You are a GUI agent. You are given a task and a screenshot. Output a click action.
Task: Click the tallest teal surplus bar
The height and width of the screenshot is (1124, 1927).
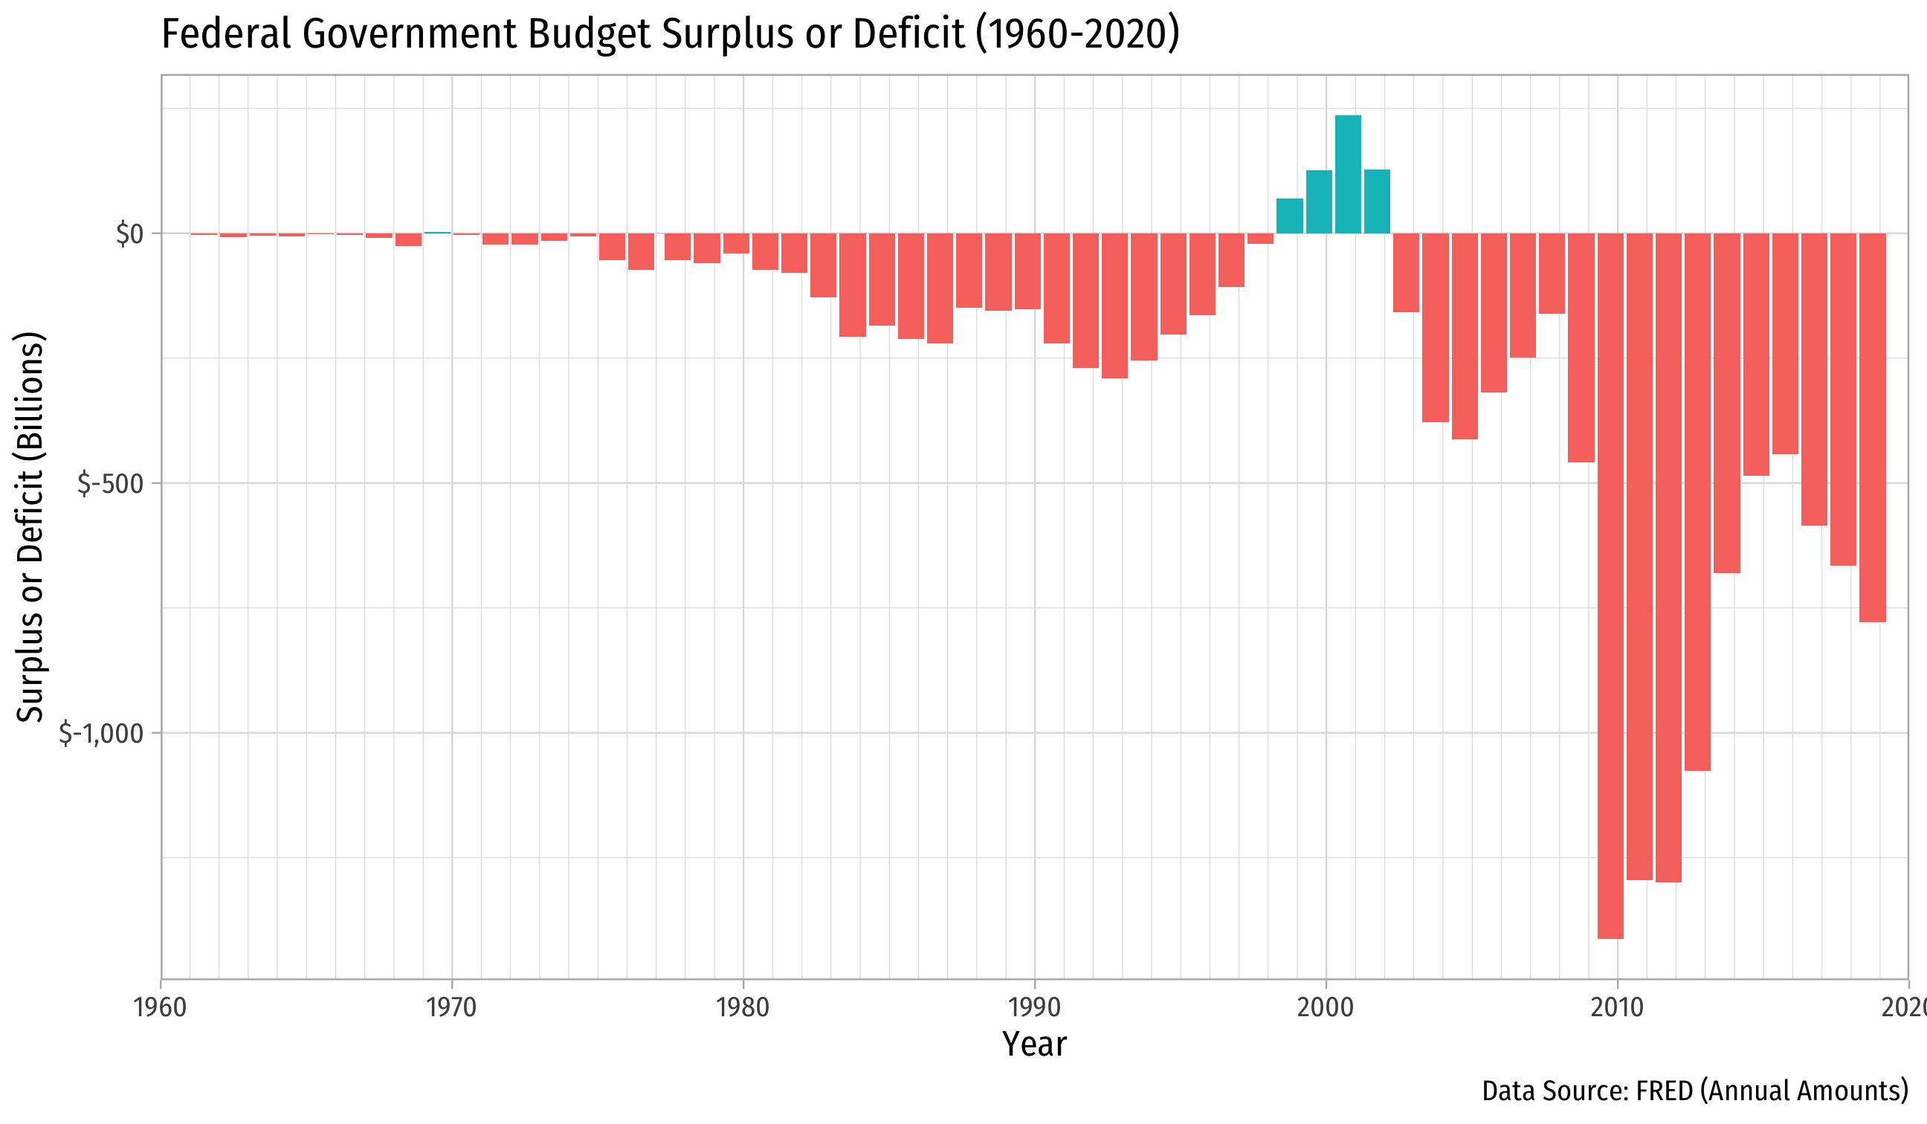[1347, 175]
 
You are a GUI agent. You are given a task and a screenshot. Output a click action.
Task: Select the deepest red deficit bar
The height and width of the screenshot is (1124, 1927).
[1610, 585]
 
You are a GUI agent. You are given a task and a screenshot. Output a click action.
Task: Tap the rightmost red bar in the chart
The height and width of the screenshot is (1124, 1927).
[1872, 427]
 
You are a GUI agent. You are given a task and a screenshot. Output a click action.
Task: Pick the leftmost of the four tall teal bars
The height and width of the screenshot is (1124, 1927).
[1289, 216]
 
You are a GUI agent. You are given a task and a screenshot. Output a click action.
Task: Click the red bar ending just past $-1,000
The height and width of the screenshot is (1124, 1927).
[1697, 502]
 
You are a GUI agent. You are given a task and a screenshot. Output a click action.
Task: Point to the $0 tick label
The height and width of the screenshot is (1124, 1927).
[129, 234]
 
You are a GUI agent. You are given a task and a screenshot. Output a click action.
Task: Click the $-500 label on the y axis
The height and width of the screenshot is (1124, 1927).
[110, 484]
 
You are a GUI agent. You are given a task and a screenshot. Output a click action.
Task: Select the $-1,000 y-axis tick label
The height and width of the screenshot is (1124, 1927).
[101, 734]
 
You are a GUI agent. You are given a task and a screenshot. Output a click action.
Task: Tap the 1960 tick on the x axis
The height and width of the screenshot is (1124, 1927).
[160, 1008]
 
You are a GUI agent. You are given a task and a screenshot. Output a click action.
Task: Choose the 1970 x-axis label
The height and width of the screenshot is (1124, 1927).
[451, 1008]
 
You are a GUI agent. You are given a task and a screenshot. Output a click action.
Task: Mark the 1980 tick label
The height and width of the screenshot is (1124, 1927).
[743, 1008]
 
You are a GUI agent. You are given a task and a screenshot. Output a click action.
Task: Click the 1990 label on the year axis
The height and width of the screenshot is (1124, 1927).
[1035, 1008]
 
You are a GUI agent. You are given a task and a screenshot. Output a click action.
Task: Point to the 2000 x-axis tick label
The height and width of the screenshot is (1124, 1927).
[1326, 1008]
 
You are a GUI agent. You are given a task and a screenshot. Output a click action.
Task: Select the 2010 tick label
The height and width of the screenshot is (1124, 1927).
[1616, 1008]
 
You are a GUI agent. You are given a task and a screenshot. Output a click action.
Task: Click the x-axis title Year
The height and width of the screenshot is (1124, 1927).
[1034, 1044]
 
